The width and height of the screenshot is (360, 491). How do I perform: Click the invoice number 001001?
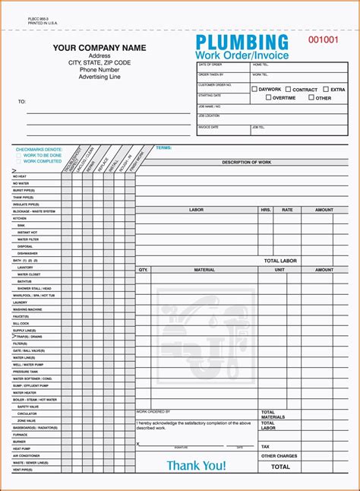click(x=326, y=40)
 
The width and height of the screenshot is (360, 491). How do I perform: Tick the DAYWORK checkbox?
click(x=255, y=89)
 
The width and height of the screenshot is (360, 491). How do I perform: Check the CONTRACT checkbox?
click(x=289, y=89)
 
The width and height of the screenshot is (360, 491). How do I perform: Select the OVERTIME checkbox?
click(x=268, y=97)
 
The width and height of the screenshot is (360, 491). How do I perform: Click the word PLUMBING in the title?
click(x=242, y=43)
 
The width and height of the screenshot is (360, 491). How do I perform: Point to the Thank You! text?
click(x=196, y=464)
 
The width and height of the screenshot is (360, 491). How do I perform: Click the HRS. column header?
click(x=266, y=210)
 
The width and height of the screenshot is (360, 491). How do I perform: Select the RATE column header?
click(x=287, y=210)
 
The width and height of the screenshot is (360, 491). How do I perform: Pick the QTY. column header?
click(x=143, y=270)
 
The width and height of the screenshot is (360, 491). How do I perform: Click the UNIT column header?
click(x=279, y=270)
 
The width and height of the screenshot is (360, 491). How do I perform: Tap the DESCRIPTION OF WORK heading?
click(x=246, y=162)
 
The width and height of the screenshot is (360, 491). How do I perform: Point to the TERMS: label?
click(x=163, y=147)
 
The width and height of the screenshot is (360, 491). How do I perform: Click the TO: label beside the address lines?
click(x=22, y=101)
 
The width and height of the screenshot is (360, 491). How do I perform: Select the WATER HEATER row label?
click(x=24, y=393)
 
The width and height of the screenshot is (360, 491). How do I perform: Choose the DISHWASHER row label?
click(x=27, y=253)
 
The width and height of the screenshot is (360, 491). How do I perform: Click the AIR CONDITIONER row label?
click(x=27, y=455)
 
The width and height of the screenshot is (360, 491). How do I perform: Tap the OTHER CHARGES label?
click(x=279, y=456)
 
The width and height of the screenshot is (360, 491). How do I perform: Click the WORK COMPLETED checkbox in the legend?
click(x=19, y=161)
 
